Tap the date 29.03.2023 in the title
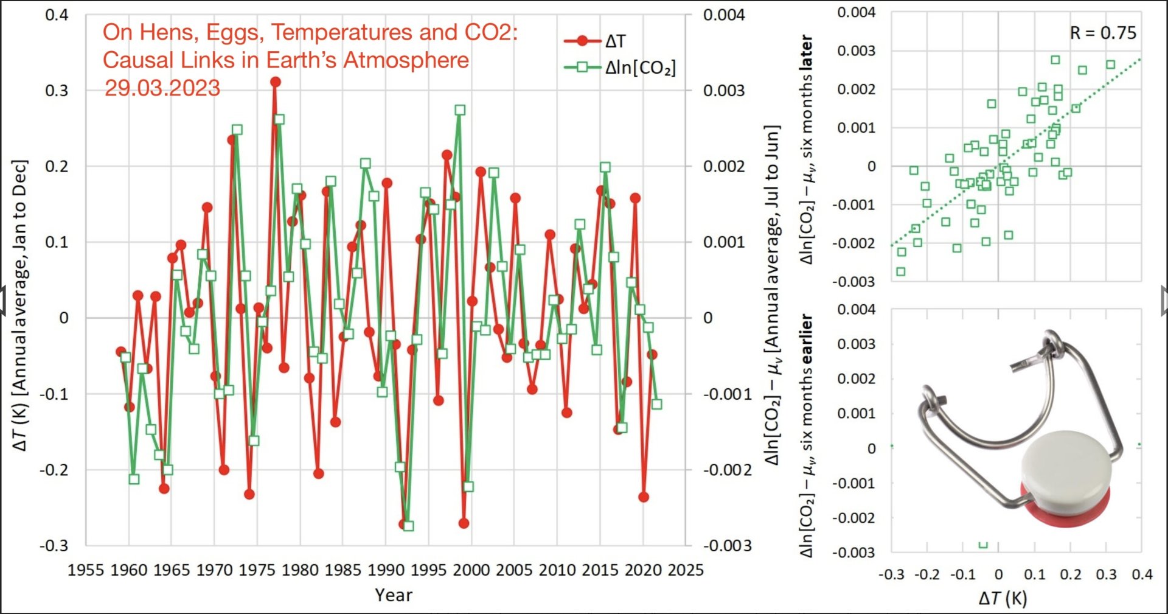[x=162, y=88]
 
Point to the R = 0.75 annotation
[x=1102, y=33]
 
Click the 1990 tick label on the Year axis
[x=386, y=570]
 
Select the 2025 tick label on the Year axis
[x=686, y=570]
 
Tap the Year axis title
[x=393, y=595]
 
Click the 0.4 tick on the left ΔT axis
[x=57, y=15]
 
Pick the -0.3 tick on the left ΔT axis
[x=54, y=545]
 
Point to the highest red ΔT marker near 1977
[x=276, y=82]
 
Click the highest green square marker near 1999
[x=460, y=110]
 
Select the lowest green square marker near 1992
[x=408, y=526]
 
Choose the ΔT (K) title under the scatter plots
[x=1003, y=598]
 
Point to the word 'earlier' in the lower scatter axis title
[x=807, y=338]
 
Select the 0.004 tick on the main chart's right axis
[x=724, y=15]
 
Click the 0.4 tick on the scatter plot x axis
[x=1142, y=574]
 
